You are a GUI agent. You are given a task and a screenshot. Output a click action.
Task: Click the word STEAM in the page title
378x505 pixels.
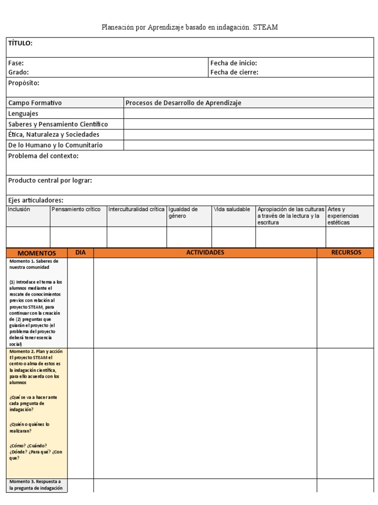click(266, 28)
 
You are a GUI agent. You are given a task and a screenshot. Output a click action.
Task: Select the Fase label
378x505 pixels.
click(16, 63)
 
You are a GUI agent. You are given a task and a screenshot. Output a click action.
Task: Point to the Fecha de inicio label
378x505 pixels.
click(234, 63)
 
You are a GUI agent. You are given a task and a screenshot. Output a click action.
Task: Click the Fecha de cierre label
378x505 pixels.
click(234, 72)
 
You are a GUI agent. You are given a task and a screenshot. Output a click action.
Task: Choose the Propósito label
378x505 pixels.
click(24, 83)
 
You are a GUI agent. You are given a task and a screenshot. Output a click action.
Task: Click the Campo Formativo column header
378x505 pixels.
click(35, 103)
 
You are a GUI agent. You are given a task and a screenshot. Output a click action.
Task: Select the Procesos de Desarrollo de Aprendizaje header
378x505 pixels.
click(184, 103)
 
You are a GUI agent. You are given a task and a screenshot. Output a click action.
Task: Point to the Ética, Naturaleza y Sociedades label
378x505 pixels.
click(54, 135)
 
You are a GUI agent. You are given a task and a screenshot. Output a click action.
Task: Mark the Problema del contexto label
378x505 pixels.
click(43, 156)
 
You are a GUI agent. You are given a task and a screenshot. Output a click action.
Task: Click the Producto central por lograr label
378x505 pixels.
click(50, 180)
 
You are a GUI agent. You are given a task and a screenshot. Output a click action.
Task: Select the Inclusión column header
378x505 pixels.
click(19, 210)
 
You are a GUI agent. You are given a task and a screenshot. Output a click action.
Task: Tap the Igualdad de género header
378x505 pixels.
click(183, 213)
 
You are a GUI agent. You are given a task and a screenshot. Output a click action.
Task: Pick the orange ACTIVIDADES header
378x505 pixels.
click(205, 252)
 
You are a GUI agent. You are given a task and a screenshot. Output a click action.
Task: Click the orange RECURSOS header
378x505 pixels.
click(346, 252)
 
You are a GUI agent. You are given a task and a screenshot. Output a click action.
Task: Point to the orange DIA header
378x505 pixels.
click(81, 252)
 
